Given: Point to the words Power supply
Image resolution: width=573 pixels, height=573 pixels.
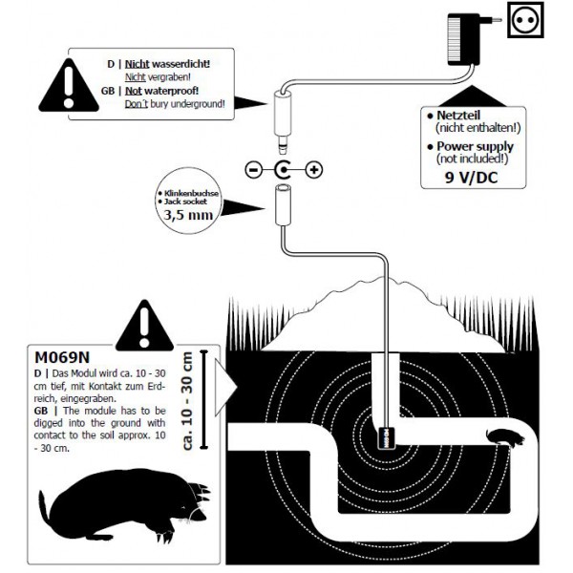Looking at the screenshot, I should pos(475,146).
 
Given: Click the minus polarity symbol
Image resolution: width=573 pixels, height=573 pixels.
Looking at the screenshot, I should pos(252,171).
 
